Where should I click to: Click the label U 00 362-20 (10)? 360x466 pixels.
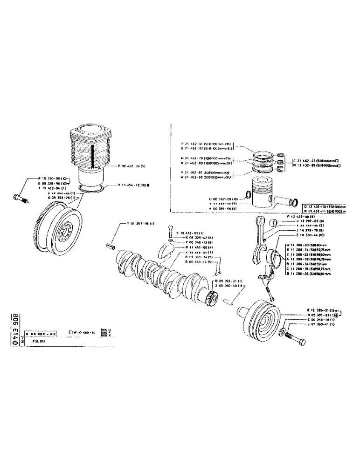click(226, 199)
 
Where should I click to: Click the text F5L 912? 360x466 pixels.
click(39, 342)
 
